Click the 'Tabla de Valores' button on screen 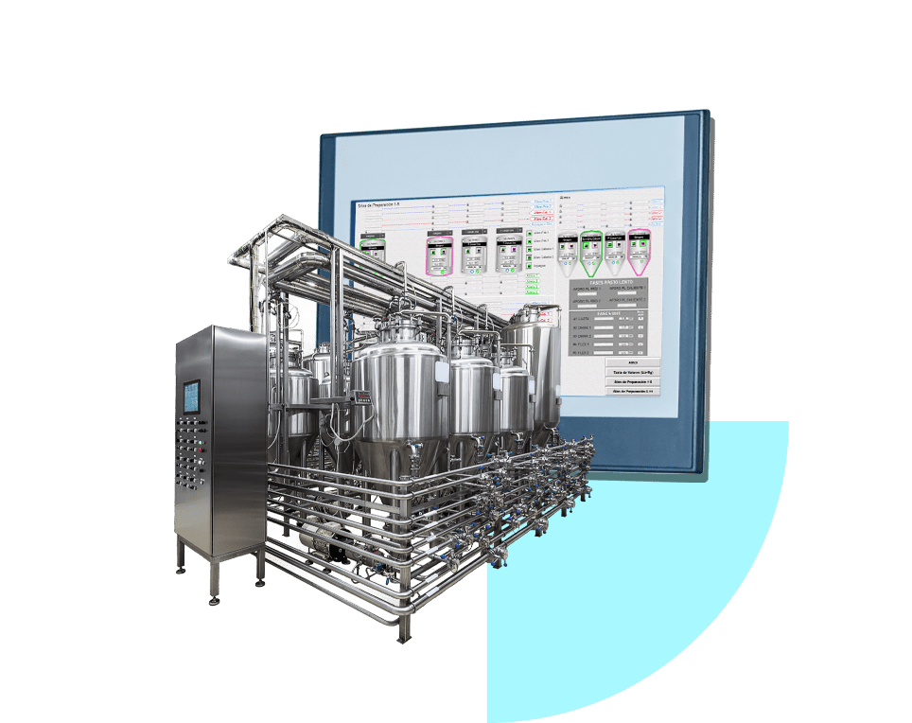click(x=632, y=372)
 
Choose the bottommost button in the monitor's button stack click(x=632, y=390)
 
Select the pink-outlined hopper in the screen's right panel click(x=640, y=249)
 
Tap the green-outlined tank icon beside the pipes click(x=375, y=249)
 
